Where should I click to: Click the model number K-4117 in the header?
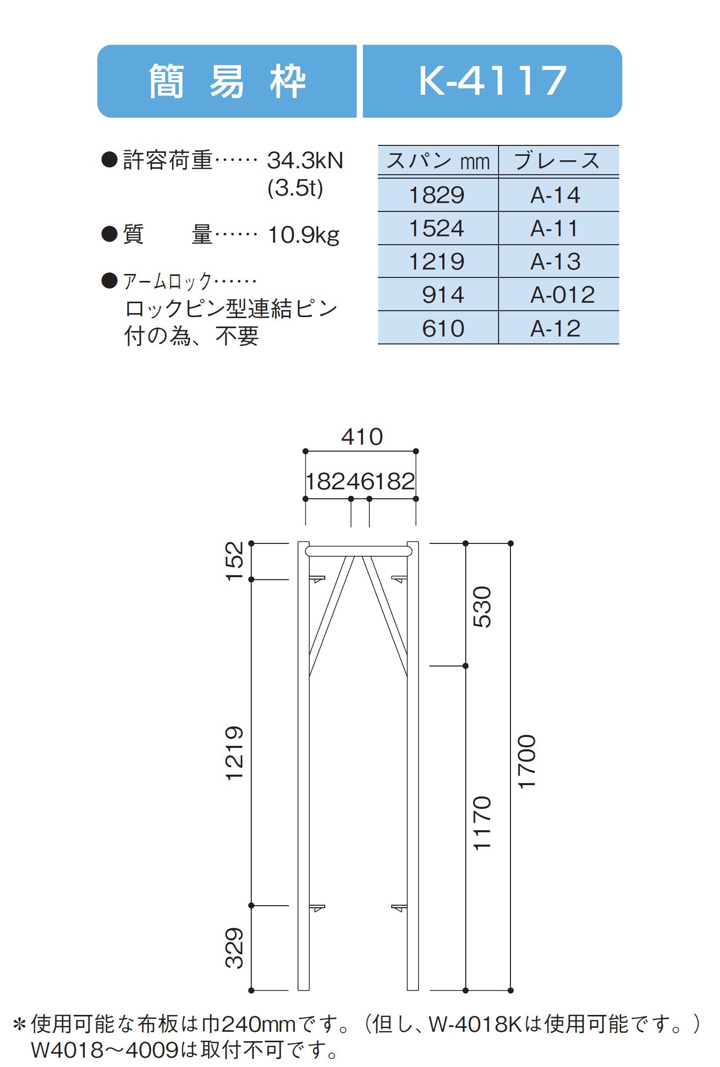tap(492, 80)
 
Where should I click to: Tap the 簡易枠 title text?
tap(227, 81)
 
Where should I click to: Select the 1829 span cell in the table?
tap(436, 195)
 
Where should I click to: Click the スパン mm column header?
tap(438, 161)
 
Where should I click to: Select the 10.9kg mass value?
tap(304, 235)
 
